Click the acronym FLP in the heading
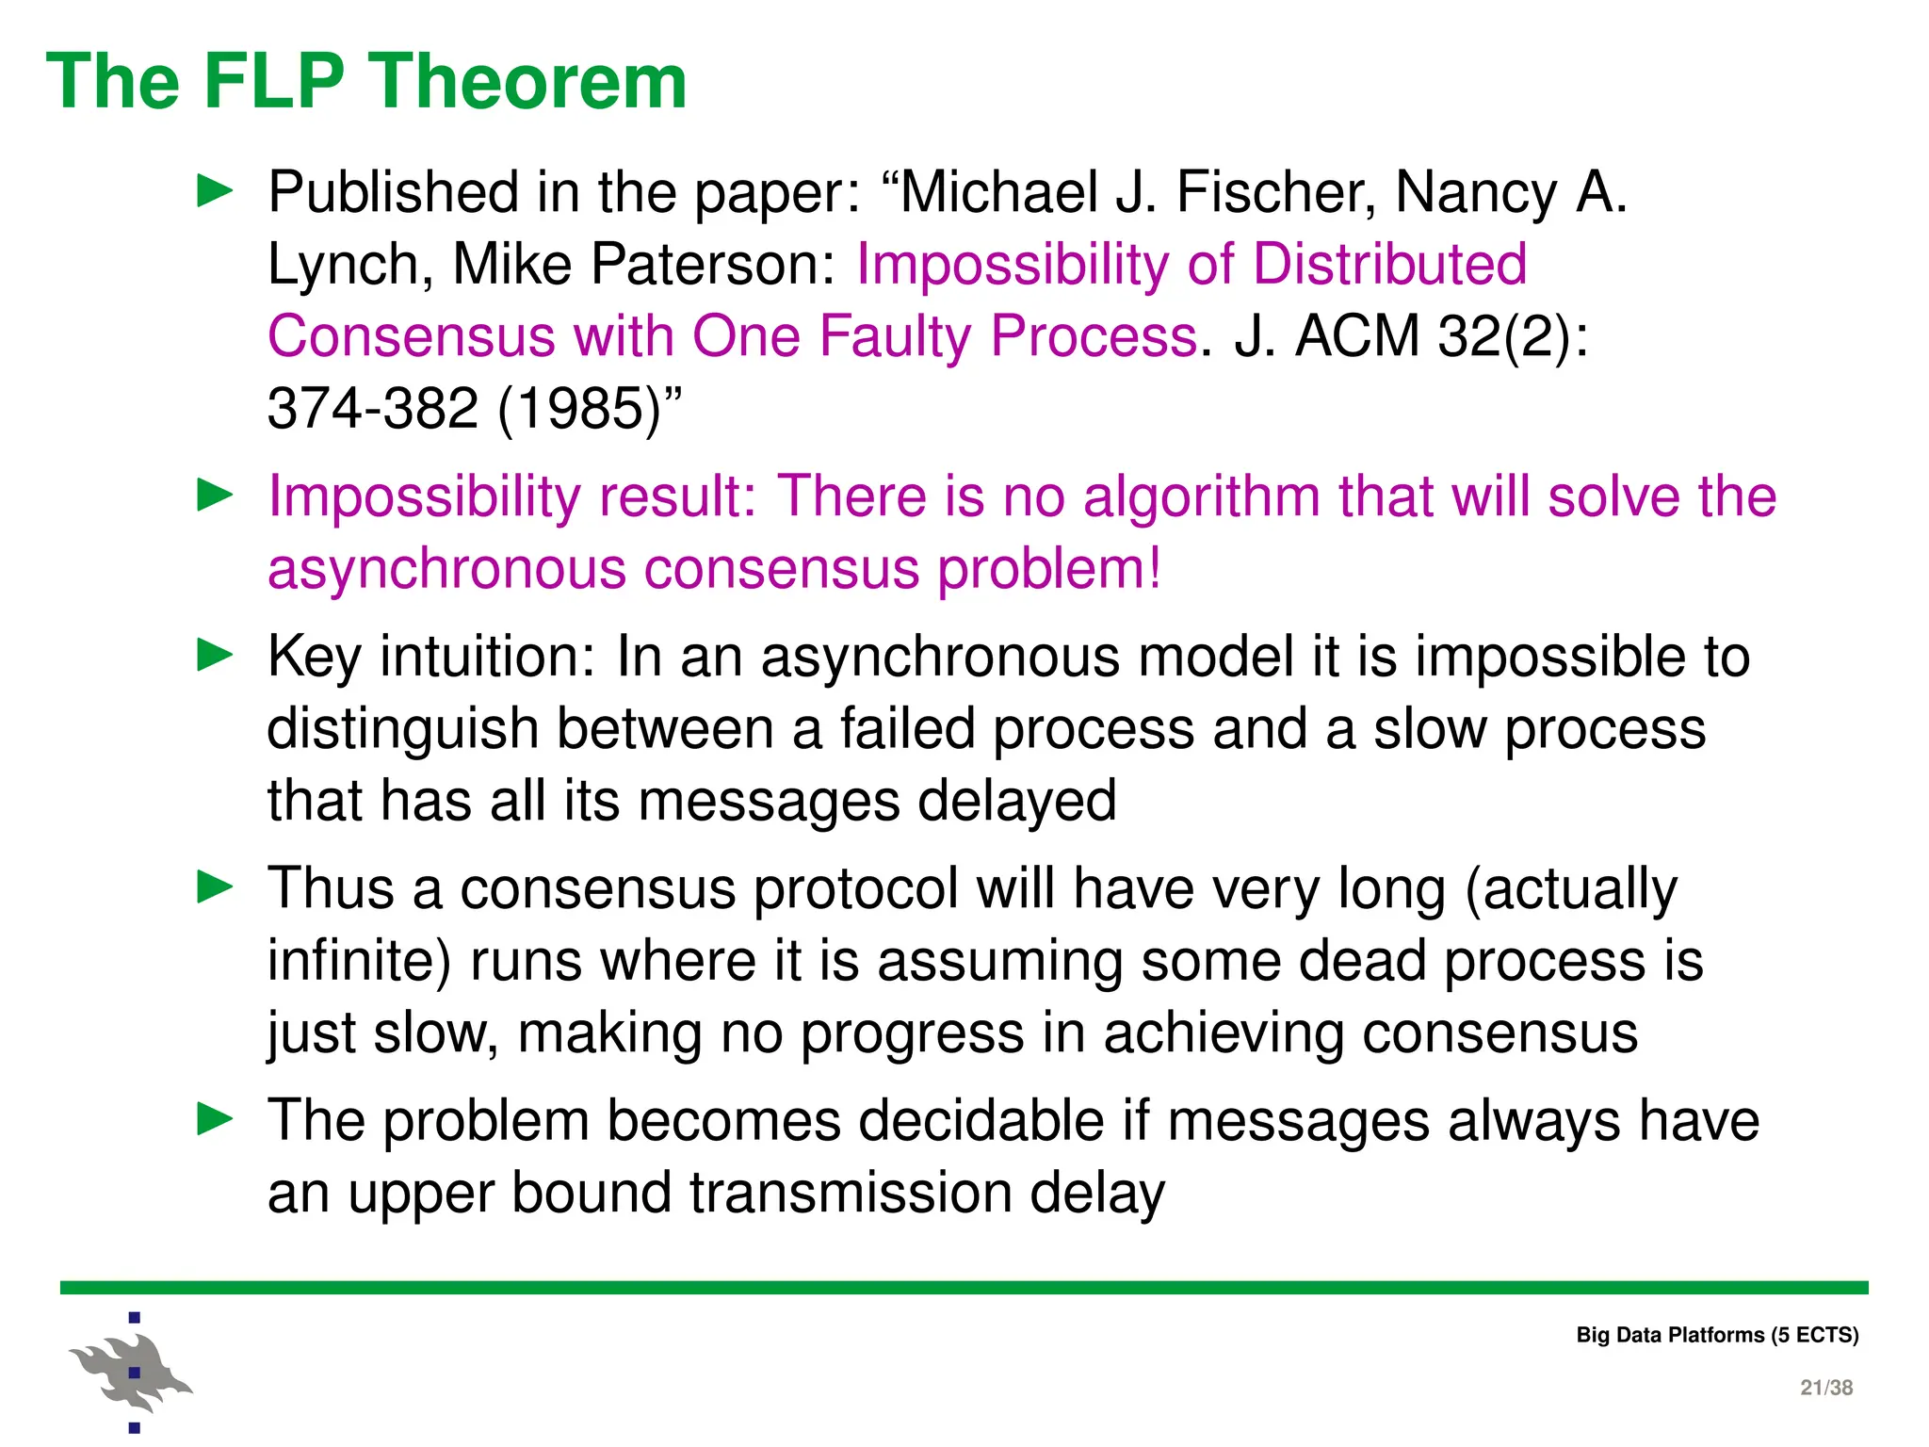273,82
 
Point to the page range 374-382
373,410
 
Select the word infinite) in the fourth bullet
359,962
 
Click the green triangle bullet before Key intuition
215,655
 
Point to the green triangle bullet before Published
215,191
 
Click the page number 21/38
1825,1388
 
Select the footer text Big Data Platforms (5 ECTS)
1717,1335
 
